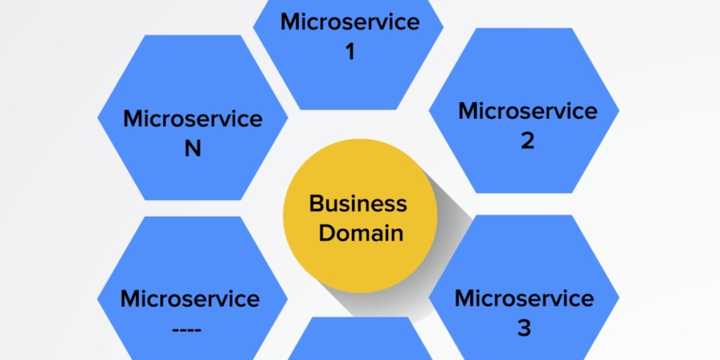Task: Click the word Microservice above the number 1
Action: pos(350,22)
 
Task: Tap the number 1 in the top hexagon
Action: pos(350,52)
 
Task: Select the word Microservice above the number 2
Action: pos(527,111)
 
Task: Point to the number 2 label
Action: pos(527,141)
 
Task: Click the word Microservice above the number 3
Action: pos(524,298)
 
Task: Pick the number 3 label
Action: pos(524,328)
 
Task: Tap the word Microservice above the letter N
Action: pos(193,118)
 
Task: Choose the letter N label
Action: pos(193,148)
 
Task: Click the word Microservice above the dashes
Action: pos(190,298)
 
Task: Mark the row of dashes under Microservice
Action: pos(190,329)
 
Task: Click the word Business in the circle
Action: pos(358,204)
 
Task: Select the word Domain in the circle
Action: pos(361,233)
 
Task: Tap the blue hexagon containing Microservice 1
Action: pos(350,84)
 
